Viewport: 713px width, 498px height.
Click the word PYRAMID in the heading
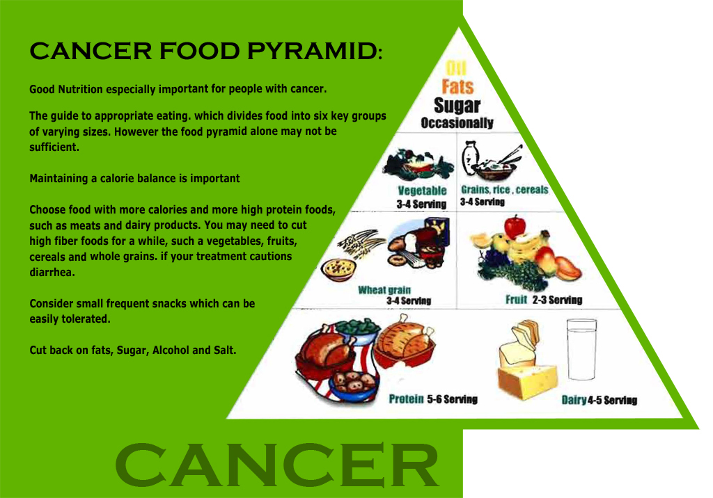[x=314, y=51]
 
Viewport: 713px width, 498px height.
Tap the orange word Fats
[x=457, y=86]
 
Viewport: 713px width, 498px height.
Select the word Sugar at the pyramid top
[x=457, y=106]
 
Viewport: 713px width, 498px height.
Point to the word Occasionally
[x=457, y=122]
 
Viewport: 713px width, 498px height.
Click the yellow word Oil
[x=456, y=68]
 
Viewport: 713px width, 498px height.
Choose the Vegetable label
[x=422, y=191]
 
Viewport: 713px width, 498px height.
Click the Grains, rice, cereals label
[x=504, y=189]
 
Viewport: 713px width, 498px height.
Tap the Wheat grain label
[x=384, y=290]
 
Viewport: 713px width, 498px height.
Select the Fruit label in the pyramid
[x=516, y=300]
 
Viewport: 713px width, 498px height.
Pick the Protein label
[x=406, y=399]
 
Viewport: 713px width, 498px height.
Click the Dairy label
[x=574, y=400]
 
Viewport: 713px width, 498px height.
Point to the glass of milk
[x=581, y=349]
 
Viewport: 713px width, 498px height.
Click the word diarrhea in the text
[x=52, y=272]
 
